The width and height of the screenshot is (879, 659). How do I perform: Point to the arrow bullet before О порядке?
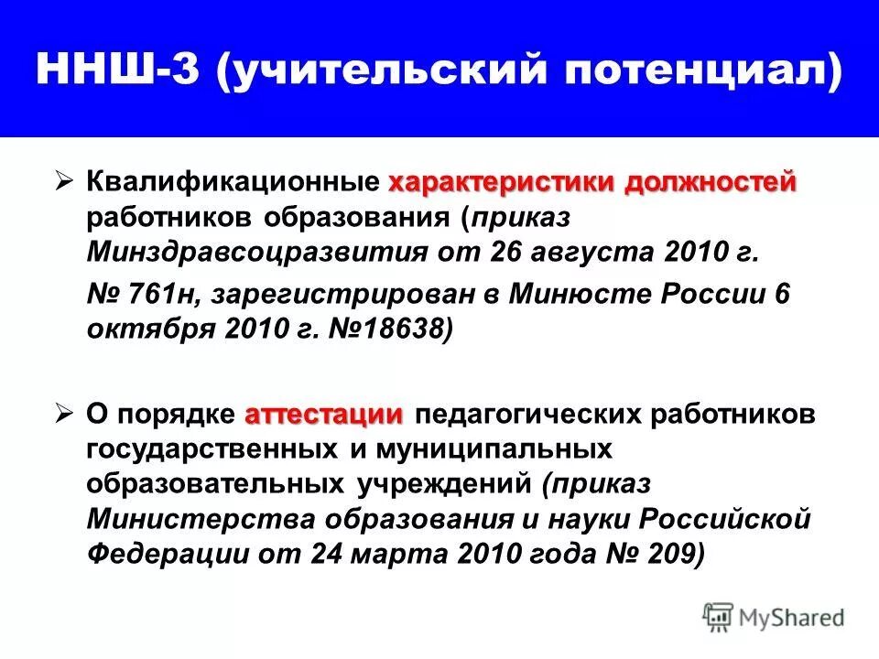65,415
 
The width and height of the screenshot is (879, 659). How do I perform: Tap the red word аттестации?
323,415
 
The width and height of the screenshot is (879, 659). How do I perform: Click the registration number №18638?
391,329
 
